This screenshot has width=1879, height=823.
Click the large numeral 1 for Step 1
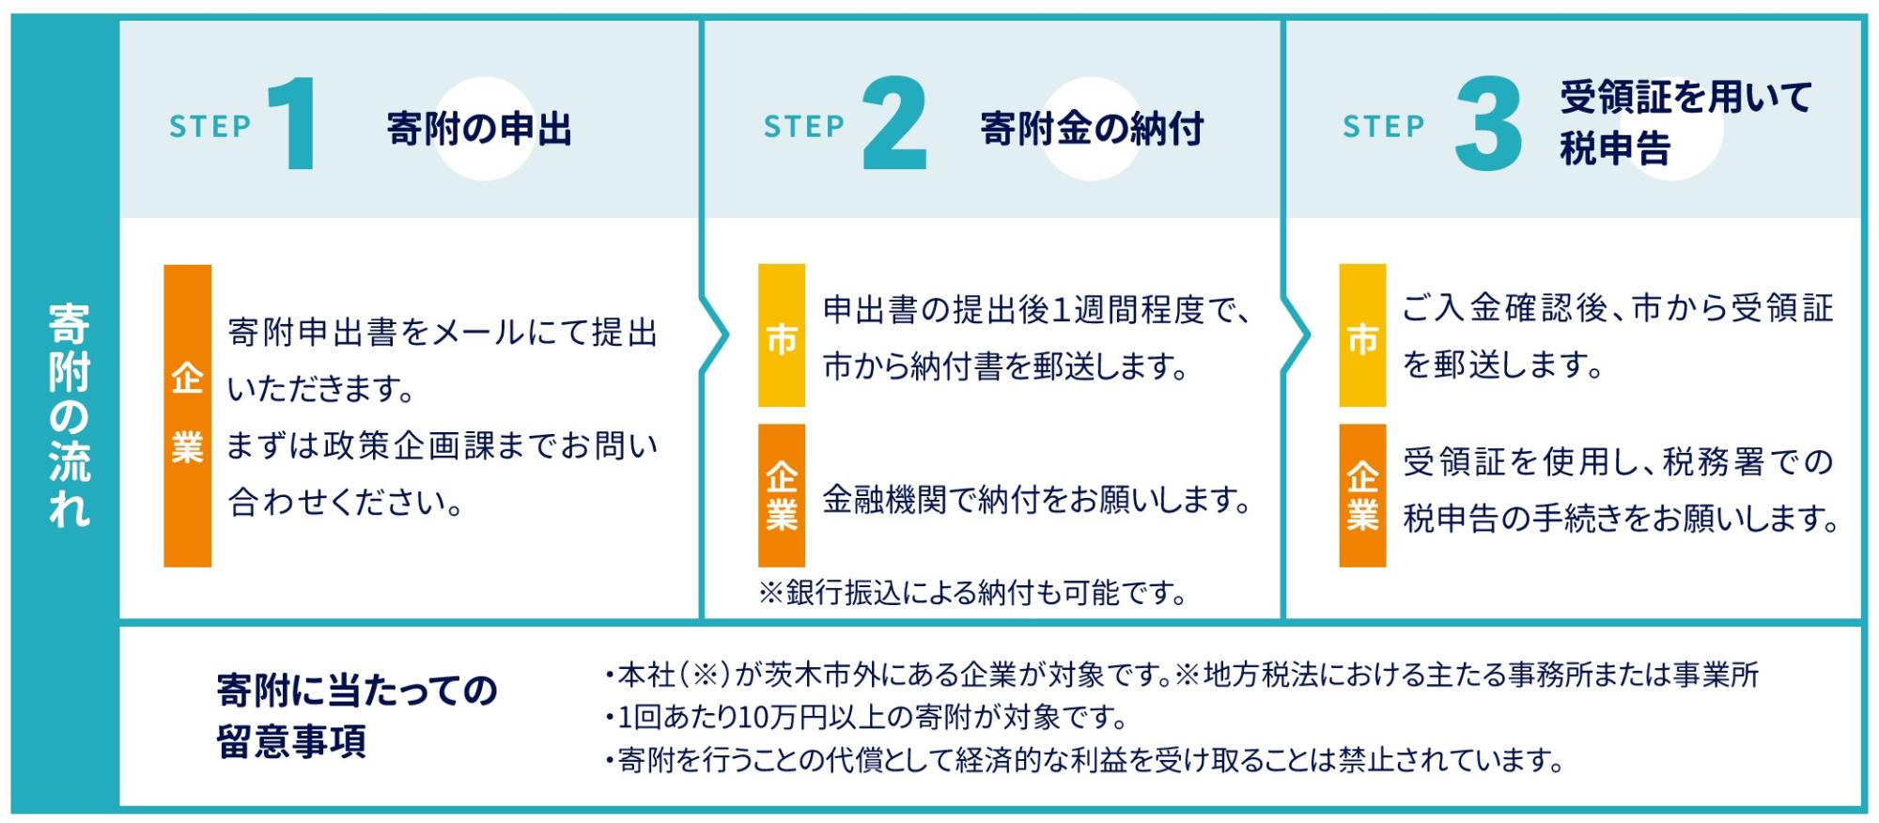point(295,124)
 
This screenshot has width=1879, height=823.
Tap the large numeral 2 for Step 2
point(893,124)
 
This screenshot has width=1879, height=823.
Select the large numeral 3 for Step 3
point(1488,124)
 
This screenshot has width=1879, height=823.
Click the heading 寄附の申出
point(479,129)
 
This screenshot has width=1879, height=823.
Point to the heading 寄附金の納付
point(1092,129)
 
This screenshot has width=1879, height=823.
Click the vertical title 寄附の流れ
point(69,414)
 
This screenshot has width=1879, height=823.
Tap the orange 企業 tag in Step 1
point(187,415)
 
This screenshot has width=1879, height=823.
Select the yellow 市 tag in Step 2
point(781,335)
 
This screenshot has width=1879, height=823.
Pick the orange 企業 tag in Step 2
point(781,495)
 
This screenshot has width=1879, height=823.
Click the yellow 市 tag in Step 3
point(1362,335)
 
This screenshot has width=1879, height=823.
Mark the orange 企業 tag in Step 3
point(1362,495)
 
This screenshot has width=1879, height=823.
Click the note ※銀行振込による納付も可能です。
point(972,592)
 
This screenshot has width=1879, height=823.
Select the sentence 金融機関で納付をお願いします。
point(1037,499)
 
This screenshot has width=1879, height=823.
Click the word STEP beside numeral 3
point(1383,126)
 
